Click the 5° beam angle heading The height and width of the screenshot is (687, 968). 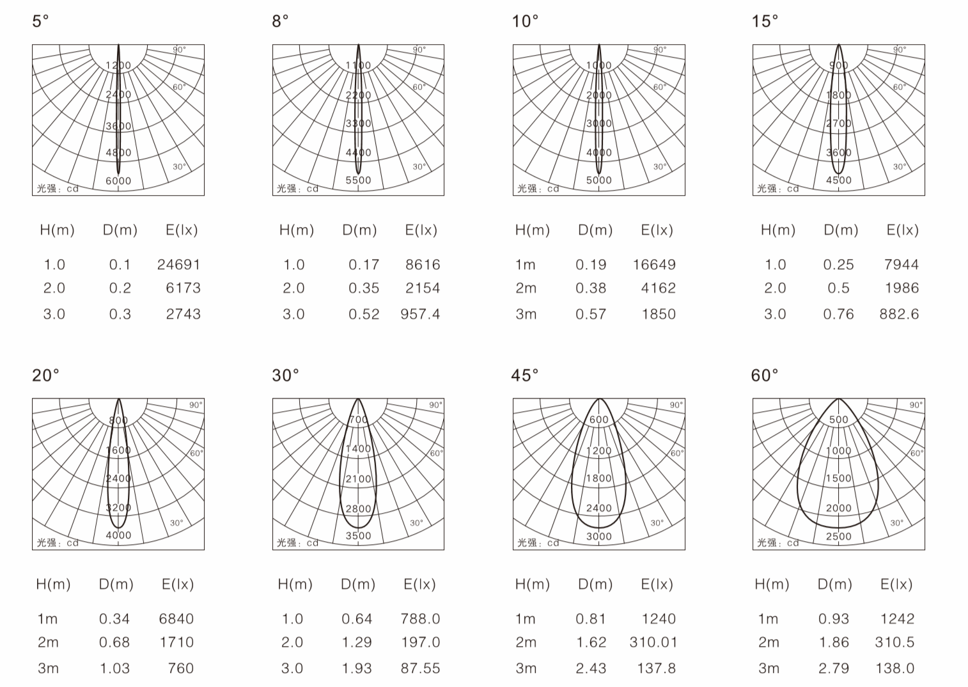pos(40,20)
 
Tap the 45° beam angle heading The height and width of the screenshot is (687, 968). pos(525,375)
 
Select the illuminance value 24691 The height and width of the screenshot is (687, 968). pos(179,264)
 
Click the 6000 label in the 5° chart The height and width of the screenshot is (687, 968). pos(118,181)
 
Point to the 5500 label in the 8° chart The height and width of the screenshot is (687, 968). pos(358,180)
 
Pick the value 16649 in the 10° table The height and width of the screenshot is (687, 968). pos(654,264)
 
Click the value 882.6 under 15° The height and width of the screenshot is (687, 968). pos(900,314)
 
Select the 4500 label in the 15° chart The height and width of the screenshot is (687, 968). pos(839,180)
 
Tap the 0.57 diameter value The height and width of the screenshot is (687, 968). pos(591,314)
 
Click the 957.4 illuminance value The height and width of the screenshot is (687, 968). pos(420,314)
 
